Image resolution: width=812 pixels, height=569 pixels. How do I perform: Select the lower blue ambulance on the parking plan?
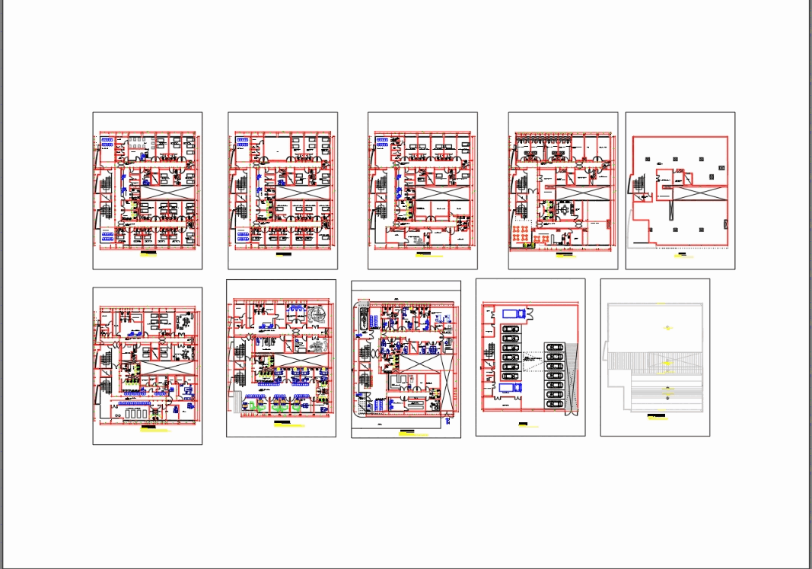(x=511, y=387)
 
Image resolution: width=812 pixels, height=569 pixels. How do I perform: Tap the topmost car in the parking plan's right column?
(x=554, y=347)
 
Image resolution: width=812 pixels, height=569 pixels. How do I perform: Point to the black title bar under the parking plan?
(x=524, y=423)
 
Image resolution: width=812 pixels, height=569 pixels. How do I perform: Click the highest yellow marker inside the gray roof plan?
(x=668, y=328)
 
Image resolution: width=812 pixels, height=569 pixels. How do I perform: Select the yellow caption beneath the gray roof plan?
(x=656, y=418)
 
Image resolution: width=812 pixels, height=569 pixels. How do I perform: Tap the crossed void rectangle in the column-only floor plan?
(x=700, y=193)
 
